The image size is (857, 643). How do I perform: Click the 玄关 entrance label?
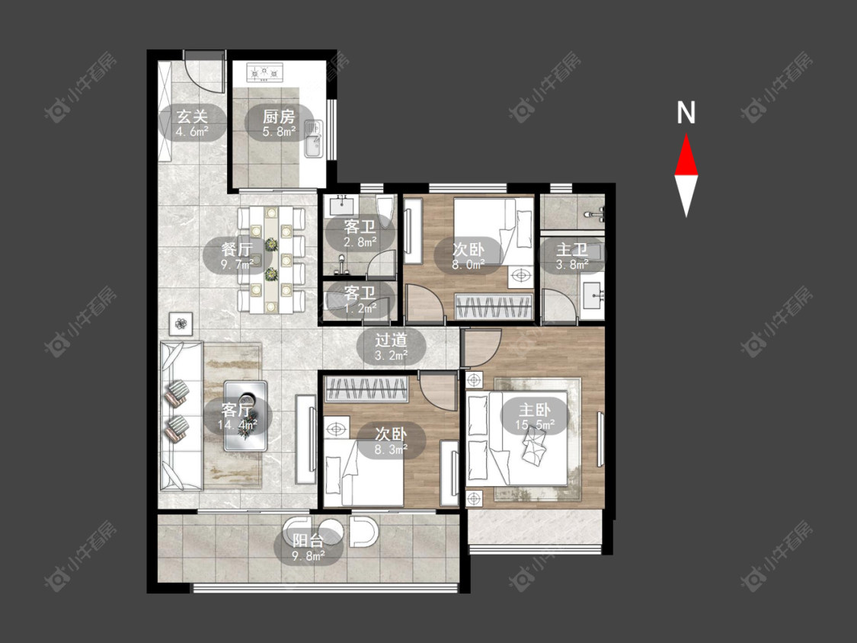pyautogui.click(x=193, y=116)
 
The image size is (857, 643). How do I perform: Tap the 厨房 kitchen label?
pyautogui.click(x=279, y=116)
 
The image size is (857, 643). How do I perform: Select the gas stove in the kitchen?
pyautogui.click(x=265, y=72)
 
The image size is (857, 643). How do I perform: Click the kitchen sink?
pyautogui.click(x=314, y=139)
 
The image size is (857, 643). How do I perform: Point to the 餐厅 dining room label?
pyautogui.click(x=237, y=250)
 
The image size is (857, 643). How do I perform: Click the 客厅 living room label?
pyautogui.click(x=238, y=410)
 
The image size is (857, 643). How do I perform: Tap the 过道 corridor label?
pyautogui.click(x=391, y=340)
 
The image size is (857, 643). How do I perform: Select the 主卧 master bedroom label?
pyautogui.click(x=535, y=410)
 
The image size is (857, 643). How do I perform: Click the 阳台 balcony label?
pyautogui.click(x=309, y=541)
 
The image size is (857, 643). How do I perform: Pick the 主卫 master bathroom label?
pyautogui.click(x=571, y=250)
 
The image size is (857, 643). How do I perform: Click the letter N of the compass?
pyautogui.click(x=686, y=113)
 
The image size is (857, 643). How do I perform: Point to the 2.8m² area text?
pyautogui.click(x=360, y=242)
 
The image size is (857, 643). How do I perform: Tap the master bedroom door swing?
pyautogui.click(x=481, y=347)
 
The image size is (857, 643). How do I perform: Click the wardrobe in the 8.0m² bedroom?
pyautogui.click(x=494, y=307)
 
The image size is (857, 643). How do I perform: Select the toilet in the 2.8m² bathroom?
pyautogui.click(x=385, y=211)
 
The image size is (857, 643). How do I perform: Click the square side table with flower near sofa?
pyautogui.click(x=181, y=324)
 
